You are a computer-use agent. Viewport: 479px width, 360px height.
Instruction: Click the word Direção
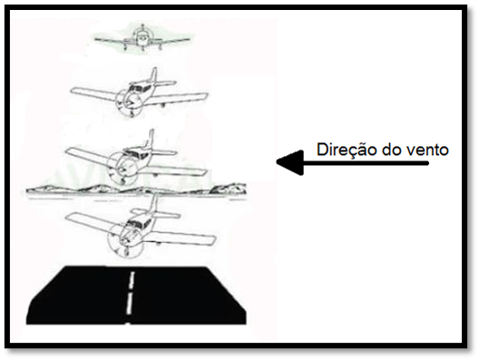pyautogui.click(x=347, y=150)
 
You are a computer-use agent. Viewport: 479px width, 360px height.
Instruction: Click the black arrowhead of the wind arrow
pyautogui.click(x=290, y=162)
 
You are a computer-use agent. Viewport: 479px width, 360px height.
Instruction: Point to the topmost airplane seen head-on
pyautogui.click(x=142, y=40)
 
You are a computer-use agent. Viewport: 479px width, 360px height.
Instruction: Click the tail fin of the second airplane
pyautogui.click(x=153, y=75)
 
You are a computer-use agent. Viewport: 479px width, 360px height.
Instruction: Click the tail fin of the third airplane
pyautogui.click(x=151, y=138)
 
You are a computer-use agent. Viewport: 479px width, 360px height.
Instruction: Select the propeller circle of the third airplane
pyautogui.click(x=122, y=168)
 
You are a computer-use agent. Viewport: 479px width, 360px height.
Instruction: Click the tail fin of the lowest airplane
pyautogui.click(x=155, y=203)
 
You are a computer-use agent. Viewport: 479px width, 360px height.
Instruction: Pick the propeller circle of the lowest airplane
pyautogui.click(x=124, y=241)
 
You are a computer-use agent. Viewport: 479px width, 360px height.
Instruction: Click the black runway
pyautogui.click(x=136, y=296)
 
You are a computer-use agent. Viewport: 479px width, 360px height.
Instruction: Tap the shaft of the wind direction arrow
pyautogui.click(x=366, y=163)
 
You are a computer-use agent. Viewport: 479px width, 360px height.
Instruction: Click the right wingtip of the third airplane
pyautogui.click(x=204, y=172)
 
